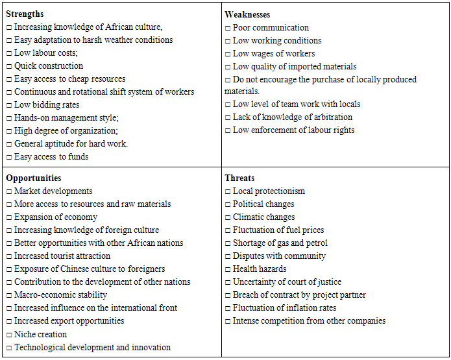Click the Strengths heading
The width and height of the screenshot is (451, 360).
[25, 14]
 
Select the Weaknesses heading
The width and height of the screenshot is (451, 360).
[247, 14]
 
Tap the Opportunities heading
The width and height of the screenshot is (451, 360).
[34, 178]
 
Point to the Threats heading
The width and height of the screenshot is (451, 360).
[239, 178]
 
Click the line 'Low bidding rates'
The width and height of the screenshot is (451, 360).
[52, 104]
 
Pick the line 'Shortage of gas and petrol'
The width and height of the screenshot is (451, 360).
[280, 243]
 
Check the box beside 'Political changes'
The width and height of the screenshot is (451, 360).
[228, 204]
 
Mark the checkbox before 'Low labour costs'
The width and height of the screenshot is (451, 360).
[9, 53]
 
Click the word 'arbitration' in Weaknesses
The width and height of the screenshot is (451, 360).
[330, 117]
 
